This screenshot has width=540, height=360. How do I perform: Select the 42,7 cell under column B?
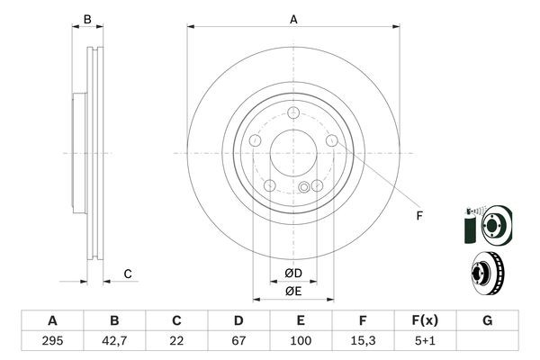click(x=114, y=342)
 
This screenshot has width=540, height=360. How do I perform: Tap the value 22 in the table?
click(x=176, y=342)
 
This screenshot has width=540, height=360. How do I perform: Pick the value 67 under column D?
click(x=238, y=342)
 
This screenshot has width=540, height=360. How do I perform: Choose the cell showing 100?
click(x=301, y=342)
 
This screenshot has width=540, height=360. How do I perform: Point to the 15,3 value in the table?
click(x=363, y=342)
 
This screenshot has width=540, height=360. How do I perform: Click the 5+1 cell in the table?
click(x=425, y=342)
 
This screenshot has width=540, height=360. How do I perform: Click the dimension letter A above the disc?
click(x=293, y=19)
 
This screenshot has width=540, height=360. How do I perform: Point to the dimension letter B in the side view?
click(x=87, y=19)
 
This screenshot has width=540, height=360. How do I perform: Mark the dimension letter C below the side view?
click(x=129, y=274)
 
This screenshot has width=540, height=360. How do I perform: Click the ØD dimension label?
click(x=293, y=274)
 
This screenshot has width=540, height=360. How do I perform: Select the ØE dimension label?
click(x=293, y=292)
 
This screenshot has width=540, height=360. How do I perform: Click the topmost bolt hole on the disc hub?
click(x=293, y=113)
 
